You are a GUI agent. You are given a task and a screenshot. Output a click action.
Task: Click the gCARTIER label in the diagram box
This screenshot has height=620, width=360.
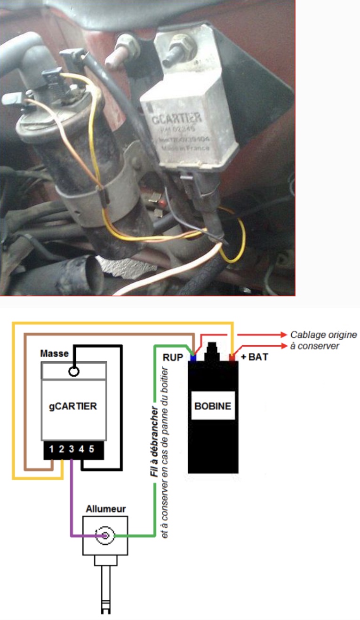pyautogui.click(x=73, y=405)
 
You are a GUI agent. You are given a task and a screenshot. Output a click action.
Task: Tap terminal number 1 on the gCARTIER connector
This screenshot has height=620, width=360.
pyautogui.click(x=52, y=449)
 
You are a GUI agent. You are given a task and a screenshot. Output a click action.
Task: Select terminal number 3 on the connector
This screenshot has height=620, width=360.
pyautogui.click(x=72, y=449)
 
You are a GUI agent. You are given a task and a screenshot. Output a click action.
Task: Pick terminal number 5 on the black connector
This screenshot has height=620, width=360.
pyautogui.click(x=91, y=449)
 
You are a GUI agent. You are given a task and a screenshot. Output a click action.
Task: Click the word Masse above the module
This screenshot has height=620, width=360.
pyautogui.click(x=55, y=353)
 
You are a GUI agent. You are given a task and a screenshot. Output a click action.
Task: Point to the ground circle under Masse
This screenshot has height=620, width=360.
pyautogui.click(x=73, y=371)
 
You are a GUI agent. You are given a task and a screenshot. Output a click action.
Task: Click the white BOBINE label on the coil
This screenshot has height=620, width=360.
pyautogui.click(x=213, y=405)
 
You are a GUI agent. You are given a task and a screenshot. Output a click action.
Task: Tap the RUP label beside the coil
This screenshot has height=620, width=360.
pyautogui.click(x=173, y=357)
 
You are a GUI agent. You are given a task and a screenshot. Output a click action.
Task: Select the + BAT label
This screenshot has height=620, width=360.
pyautogui.click(x=254, y=357)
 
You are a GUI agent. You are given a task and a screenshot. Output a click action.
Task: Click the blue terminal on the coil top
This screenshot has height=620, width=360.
pyautogui.click(x=193, y=358)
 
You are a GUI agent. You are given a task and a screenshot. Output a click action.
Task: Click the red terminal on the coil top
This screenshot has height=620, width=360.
pyautogui.click(x=232, y=358)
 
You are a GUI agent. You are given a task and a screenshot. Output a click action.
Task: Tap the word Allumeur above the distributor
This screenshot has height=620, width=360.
pyautogui.click(x=106, y=509)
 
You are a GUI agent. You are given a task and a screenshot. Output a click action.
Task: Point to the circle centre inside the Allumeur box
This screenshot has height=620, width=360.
pyautogui.click(x=104, y=535)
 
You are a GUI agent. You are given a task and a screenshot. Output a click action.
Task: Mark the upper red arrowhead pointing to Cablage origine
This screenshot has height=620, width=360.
pyautogui.click(x=283, y=335)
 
